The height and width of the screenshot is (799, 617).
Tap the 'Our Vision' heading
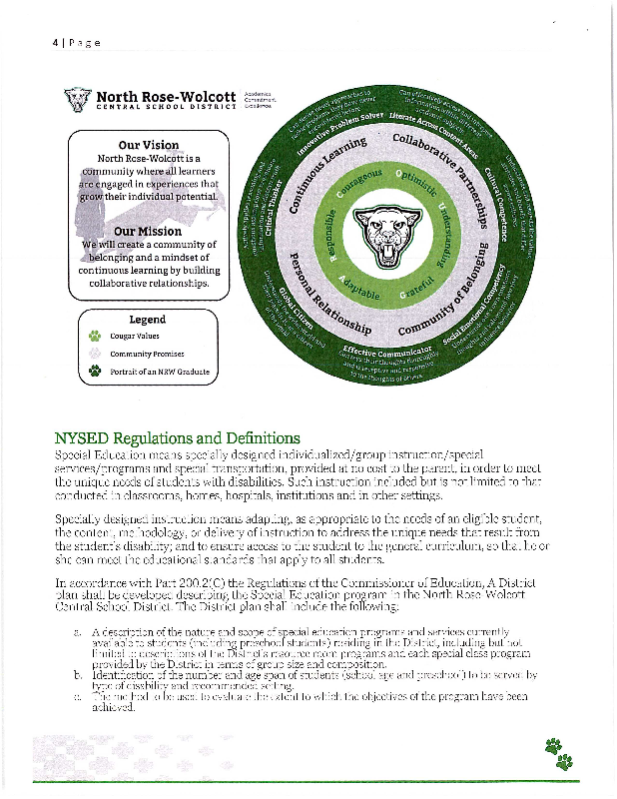(149, 145)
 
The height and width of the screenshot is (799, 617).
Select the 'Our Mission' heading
(148, 232)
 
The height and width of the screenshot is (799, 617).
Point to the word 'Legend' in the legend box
(148, 320)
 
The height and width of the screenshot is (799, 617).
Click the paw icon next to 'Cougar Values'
(96, 337)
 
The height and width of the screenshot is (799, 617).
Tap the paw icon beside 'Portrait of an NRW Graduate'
(96, 372)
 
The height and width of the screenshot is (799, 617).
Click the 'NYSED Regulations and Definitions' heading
(177, 437)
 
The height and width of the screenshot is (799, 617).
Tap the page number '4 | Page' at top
(76, 44)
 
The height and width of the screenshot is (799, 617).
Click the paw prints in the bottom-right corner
(559, 754)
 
